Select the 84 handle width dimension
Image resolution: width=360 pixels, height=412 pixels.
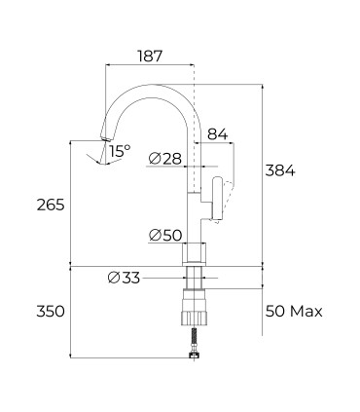[x=217, y=132]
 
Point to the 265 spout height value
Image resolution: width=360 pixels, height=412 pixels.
[x=50, y=205]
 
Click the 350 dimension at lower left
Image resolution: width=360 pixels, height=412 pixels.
[x=50, y=312]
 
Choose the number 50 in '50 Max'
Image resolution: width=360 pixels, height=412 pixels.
[x=277, y=312]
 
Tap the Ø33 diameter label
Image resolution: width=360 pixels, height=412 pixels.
[x=125, y=279]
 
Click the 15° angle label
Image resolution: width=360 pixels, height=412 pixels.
[x=120, y=151]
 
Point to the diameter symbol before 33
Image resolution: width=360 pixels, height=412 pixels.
[x=114, y=279]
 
